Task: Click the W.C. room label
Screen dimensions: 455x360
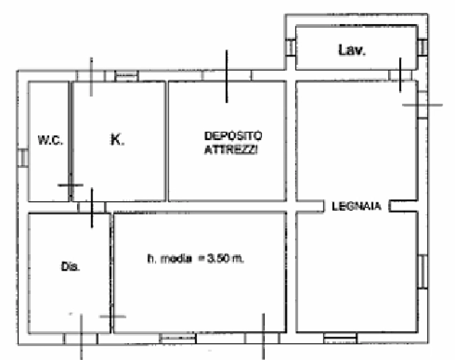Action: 50,140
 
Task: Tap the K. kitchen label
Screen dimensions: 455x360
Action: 118,140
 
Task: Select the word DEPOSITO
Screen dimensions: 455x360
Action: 233,136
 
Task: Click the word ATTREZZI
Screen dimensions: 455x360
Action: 231,150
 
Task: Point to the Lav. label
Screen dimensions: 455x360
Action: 352,50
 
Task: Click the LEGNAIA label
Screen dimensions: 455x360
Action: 356,206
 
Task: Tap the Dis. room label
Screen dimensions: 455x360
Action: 71,266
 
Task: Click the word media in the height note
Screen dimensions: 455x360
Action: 176,258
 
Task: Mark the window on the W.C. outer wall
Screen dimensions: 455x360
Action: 23,158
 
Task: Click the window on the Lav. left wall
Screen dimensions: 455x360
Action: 290,47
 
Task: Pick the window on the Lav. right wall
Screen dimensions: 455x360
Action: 422,47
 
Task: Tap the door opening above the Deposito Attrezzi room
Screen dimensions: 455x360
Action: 227,75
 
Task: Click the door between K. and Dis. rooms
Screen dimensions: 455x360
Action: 92,207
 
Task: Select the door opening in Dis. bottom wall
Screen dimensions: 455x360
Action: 81,339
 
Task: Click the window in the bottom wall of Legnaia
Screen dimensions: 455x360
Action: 340,338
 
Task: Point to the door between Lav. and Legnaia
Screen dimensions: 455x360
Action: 400,75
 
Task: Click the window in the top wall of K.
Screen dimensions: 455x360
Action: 126,76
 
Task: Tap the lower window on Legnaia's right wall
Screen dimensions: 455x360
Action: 422,272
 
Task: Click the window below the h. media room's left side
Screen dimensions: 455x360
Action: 178,338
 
